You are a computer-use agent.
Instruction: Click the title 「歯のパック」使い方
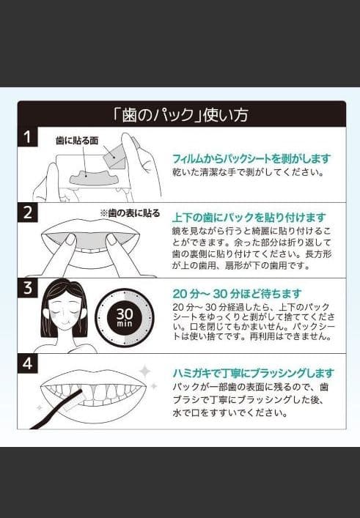coord(181,115)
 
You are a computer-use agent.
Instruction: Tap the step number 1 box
coord(27,137)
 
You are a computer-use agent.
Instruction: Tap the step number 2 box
coord(27,213)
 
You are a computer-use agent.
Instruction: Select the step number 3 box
coord(27,288)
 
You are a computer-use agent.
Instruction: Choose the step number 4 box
coord(27,363)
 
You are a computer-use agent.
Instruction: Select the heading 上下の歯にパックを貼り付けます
coord(248,218)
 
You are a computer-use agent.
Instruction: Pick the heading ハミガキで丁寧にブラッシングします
coord(253,373)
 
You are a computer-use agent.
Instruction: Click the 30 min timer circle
coord(125,317)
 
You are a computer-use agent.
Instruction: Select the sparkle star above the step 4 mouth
coord(144,371)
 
